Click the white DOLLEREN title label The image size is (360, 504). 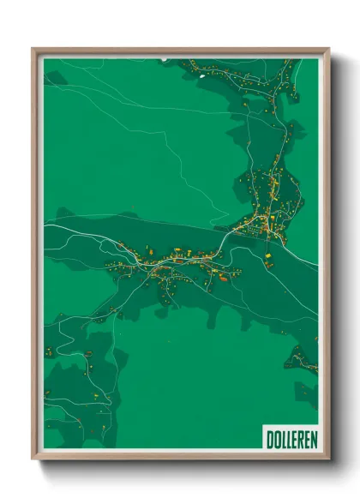[291, 438]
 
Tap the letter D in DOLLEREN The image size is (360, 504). [269, 438]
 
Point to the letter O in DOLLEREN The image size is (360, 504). [276, 438]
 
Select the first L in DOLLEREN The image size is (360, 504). [282, 438]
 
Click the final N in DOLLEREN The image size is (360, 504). [313, 438]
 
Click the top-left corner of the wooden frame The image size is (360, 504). [33, 50]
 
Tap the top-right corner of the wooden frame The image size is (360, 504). [328, 50]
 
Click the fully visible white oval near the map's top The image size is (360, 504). [202, 73]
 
